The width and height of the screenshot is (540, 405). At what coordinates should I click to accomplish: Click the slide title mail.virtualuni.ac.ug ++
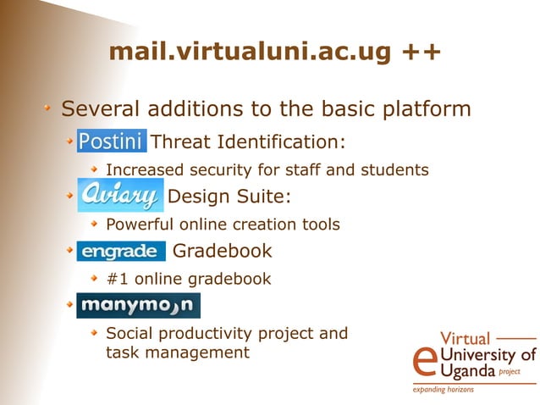pyautogui.click(x=274, y=53)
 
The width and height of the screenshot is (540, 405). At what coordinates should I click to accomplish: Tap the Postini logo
pyautogui.click(x=112, y=140)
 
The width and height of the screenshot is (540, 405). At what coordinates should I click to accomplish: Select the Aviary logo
pyautogui.click(x=120, y=196)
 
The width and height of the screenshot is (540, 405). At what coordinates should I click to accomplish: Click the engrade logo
pyautogui.click(x=120, y=252)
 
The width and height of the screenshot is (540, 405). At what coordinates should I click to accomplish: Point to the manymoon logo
pyautogui.click(x=138, y=305)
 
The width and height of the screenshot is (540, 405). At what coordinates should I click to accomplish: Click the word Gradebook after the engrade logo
pyautogui.click(x=222, y=251)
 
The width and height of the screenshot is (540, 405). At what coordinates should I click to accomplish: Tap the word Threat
pyautogui.click(x=180, y=141)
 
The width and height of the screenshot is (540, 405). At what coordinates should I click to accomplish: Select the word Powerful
pyautogui.click(x=140, y=225)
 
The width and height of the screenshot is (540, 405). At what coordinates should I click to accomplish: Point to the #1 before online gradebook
pyautogui.click(x=117, y=278)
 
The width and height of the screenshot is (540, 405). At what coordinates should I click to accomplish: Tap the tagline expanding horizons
pyautogui.click(x=444, y=390)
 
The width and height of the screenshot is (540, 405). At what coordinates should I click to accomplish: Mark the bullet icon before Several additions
pyautogui.click(x=50, y=108)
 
